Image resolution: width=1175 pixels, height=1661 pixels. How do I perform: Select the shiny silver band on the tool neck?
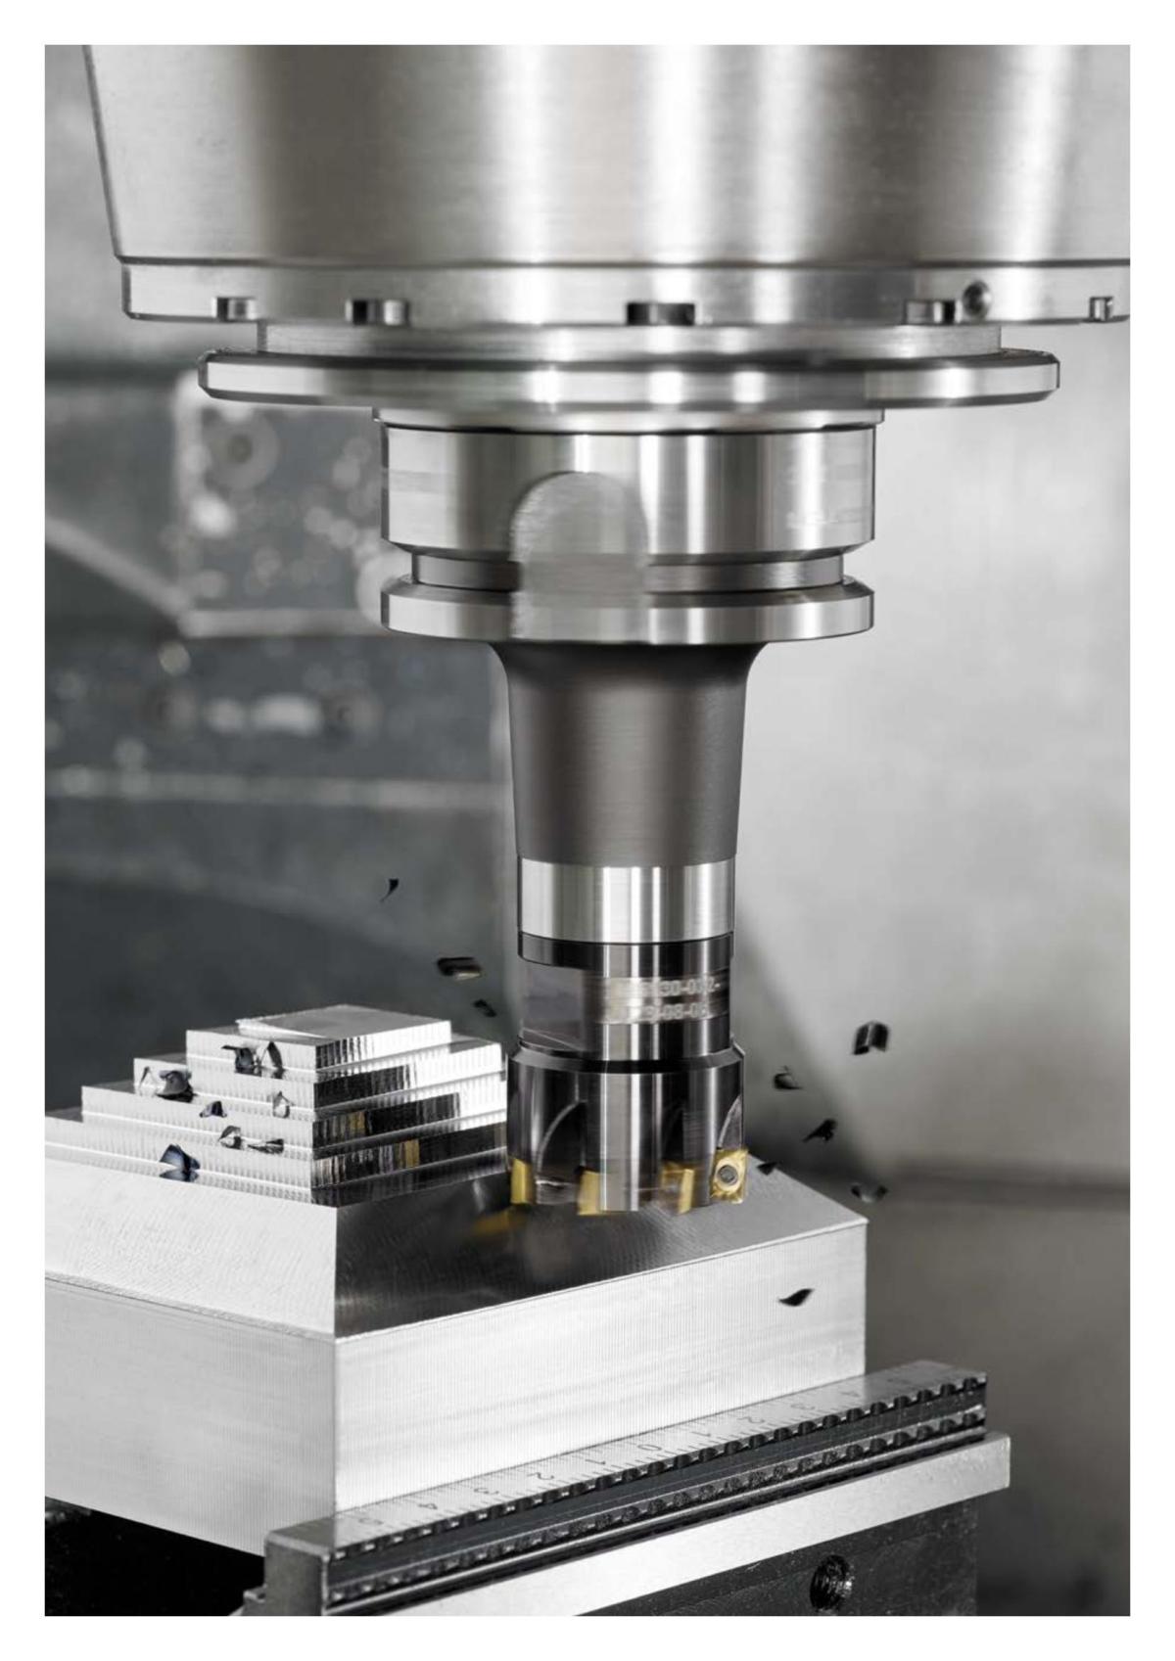coord(625,897)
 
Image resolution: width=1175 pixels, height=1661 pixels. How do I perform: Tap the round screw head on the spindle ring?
coord(975,293)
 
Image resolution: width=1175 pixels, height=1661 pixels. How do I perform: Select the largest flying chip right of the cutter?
coord(869,1038)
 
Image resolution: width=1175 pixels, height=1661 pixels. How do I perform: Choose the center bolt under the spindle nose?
coord(661,312)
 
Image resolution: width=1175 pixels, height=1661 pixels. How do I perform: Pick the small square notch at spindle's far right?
coord(1101,308)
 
